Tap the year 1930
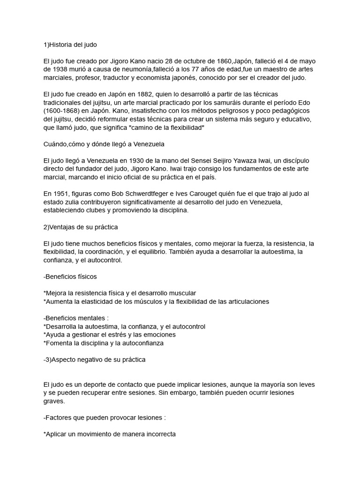pyautogui.click(x=152, y=160)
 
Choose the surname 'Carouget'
pyautogui.click(x=180, y=194)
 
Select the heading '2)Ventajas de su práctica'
pyautogui.click(x=80, y=227)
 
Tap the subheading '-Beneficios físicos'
pyautogui.click(x=70, y=276)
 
